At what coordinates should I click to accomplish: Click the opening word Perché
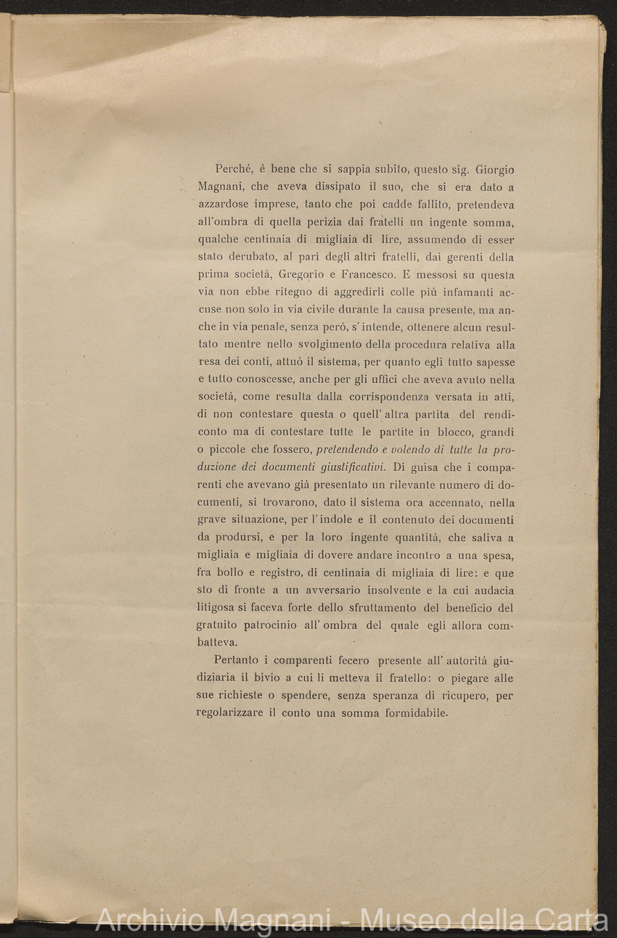coord(232,170)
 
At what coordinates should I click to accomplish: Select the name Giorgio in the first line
coord(496,170)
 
